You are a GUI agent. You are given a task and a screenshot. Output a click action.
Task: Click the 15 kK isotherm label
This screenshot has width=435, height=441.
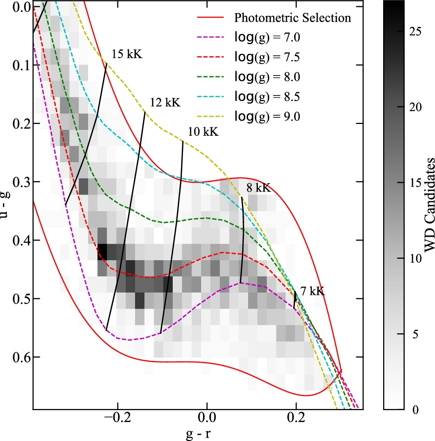tap(127, 54)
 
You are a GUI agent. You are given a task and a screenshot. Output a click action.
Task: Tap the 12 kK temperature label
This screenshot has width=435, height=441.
tap(165, 103)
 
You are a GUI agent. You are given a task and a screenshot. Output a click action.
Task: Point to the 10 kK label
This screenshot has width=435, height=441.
tap(203, 132)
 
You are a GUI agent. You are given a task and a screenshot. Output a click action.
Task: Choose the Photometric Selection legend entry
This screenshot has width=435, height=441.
tap(293, 19)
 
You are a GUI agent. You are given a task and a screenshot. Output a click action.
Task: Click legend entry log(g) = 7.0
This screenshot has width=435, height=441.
tap(269, 38)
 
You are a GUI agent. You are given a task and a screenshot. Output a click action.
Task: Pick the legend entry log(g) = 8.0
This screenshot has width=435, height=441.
tap(269, 77)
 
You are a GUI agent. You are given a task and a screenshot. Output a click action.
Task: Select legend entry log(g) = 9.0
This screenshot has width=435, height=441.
tap(269, 116)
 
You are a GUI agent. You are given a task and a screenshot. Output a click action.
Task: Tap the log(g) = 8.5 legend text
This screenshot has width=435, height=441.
tap(269, 97)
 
